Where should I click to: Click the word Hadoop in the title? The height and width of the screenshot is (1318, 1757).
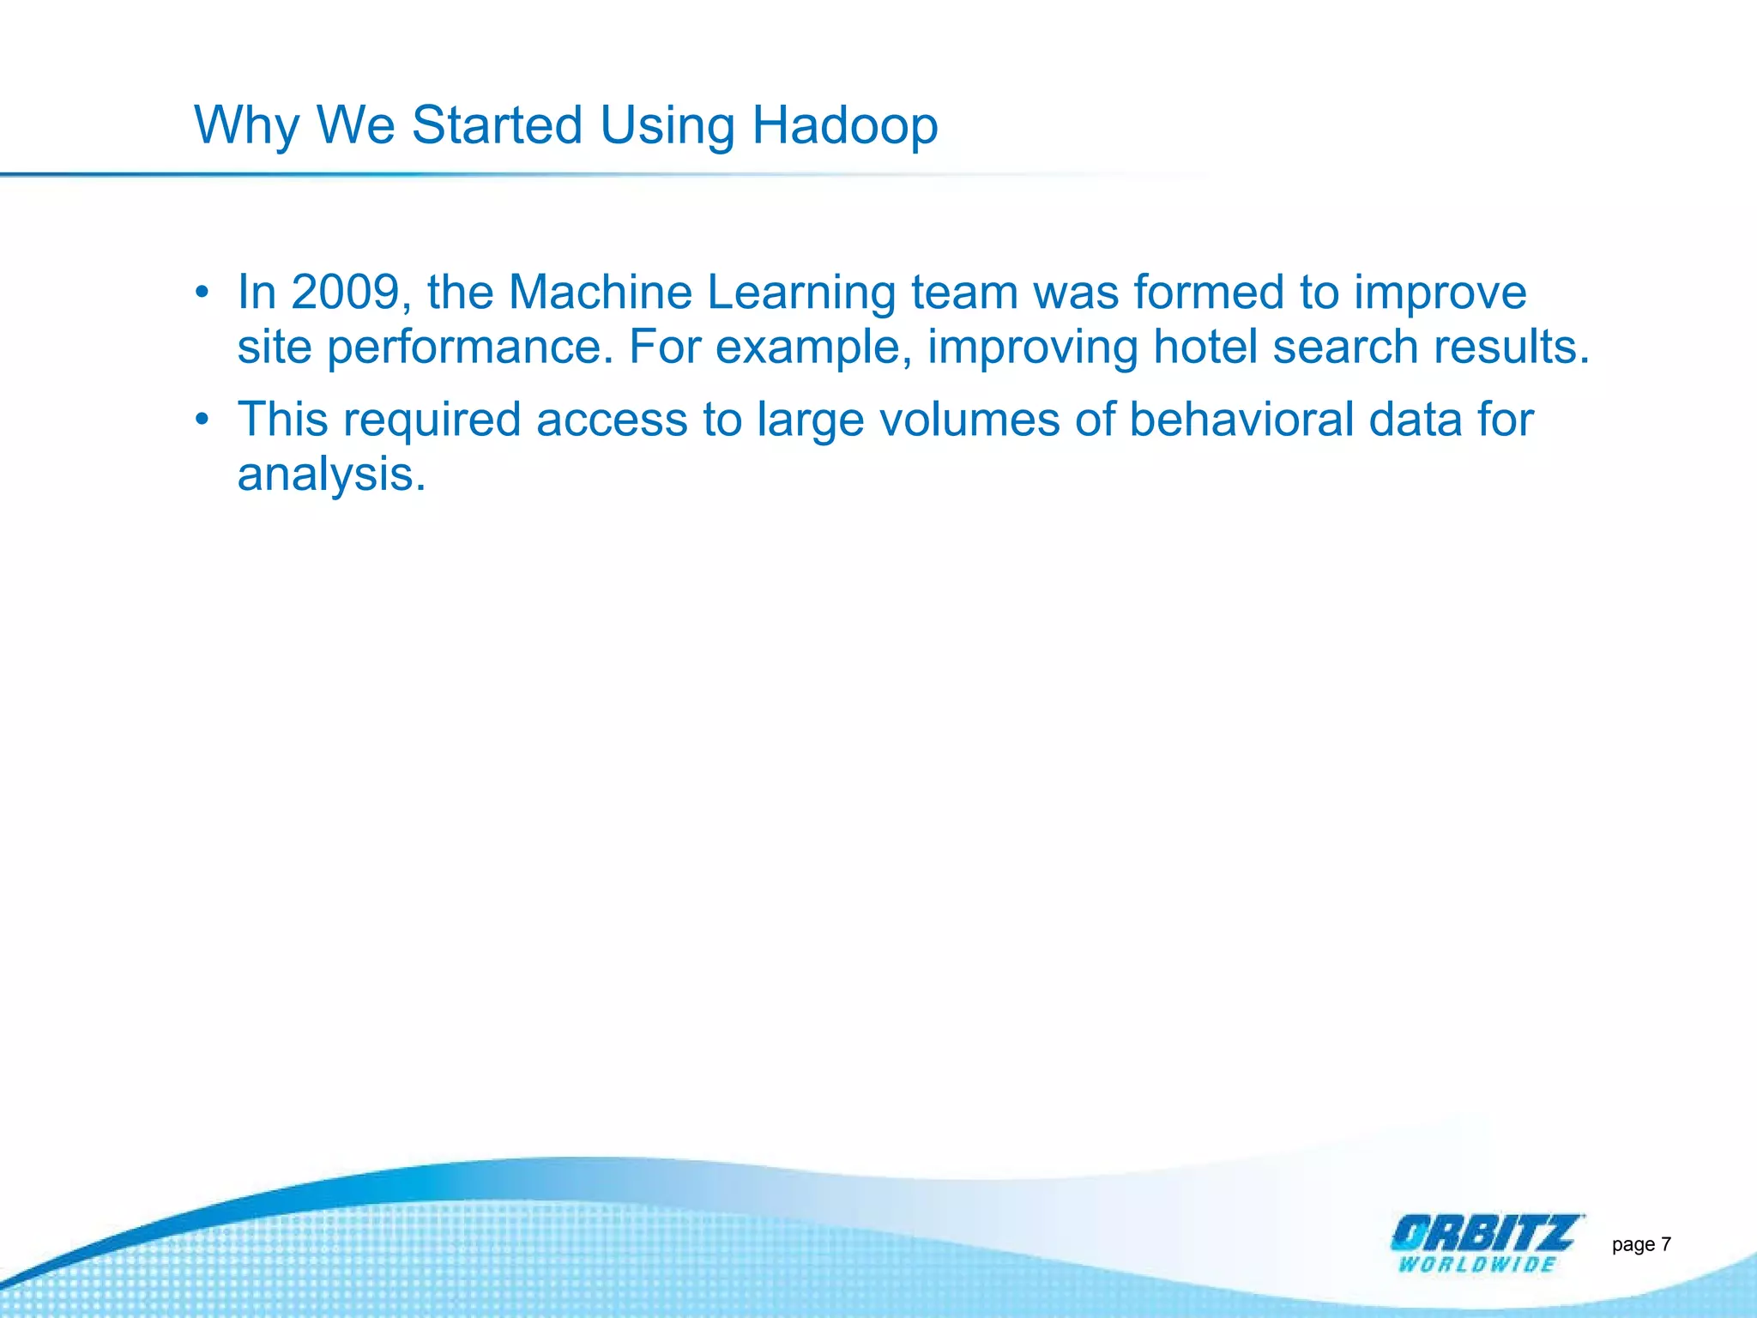(844, 125)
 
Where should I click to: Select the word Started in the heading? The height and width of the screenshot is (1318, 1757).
(498, 125)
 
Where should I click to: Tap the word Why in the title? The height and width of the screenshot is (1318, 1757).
(246, 125)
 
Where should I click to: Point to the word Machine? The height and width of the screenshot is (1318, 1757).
(600, 292)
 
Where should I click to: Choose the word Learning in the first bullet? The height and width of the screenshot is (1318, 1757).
(800, 293)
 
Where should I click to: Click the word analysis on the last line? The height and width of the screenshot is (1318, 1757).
(331, 475)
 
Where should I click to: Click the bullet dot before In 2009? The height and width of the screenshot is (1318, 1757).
(202, 293)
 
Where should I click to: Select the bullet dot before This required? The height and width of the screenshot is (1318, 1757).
(202, 420)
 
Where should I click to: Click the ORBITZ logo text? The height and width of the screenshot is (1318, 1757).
(1483, 1234)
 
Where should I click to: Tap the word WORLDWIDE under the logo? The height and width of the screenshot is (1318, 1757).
(1476, 1264)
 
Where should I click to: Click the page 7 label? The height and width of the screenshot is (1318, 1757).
(1640, 1244)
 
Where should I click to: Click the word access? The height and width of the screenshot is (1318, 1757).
(612, 420)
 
